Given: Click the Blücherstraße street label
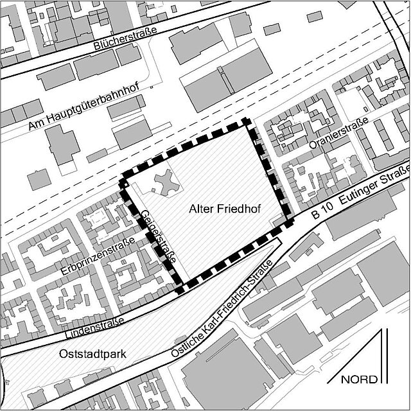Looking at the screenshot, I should point(125,43).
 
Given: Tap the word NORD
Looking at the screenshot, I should point(359,379).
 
